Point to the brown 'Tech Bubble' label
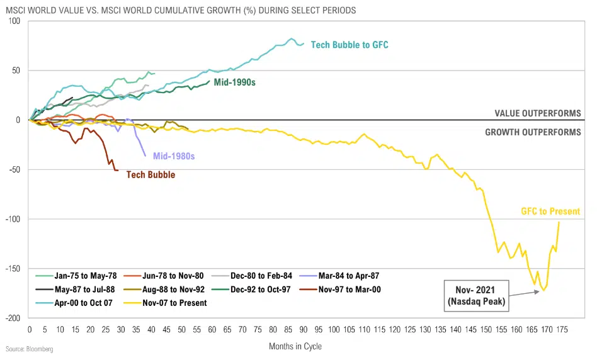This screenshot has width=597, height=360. point(151,175)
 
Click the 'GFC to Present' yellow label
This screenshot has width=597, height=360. point(550,211)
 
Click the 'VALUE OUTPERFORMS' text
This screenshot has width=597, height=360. point(538,113)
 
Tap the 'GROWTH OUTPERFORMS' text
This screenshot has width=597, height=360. point(533,132)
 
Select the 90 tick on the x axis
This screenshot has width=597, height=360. point(304,329)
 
